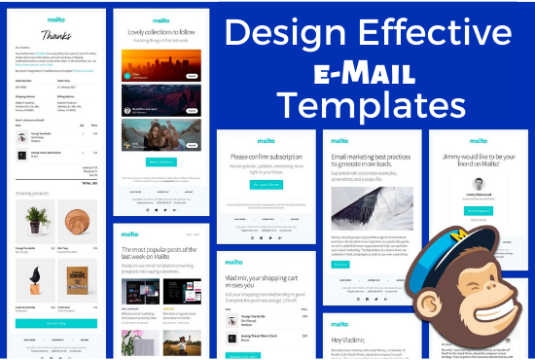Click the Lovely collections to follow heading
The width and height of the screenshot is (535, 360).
tap(162, 32)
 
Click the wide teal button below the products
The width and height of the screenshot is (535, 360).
tap(55, 322)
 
